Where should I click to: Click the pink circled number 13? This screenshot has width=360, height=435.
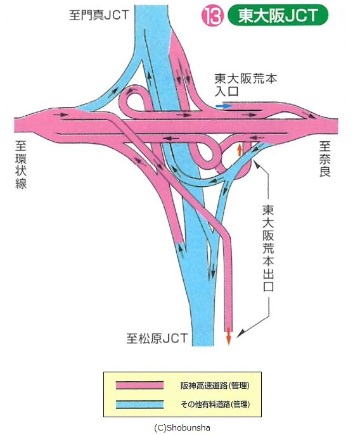tap(212, 16)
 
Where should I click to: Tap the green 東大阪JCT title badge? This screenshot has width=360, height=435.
tap(278, 16)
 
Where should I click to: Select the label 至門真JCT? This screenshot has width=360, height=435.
tap(99, 15)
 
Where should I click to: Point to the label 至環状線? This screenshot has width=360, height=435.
tap(21, 165)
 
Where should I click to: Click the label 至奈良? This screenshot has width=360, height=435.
tap(325, 159)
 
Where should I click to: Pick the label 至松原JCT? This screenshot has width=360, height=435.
tap(157, 339)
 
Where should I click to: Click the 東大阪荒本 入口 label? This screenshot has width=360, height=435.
tap(245, 85)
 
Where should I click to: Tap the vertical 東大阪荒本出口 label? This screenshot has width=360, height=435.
tap(269, 248)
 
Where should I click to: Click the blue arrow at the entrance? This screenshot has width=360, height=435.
tap(224, 106)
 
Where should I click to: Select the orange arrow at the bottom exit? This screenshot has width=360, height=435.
tap(229, 336)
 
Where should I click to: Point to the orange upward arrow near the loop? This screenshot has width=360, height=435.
tap(239, 150)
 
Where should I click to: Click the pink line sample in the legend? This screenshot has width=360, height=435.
tap(139, 386)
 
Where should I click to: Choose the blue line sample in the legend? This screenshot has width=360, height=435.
tap(139, 404)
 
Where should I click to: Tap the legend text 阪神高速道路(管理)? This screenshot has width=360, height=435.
tap(215, 386)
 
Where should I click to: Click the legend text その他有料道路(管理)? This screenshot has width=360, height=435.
tap(215, 404)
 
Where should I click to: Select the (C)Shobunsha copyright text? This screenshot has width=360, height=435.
tap(182, 427)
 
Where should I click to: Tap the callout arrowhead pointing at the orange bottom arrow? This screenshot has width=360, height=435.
tap(240, 332)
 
